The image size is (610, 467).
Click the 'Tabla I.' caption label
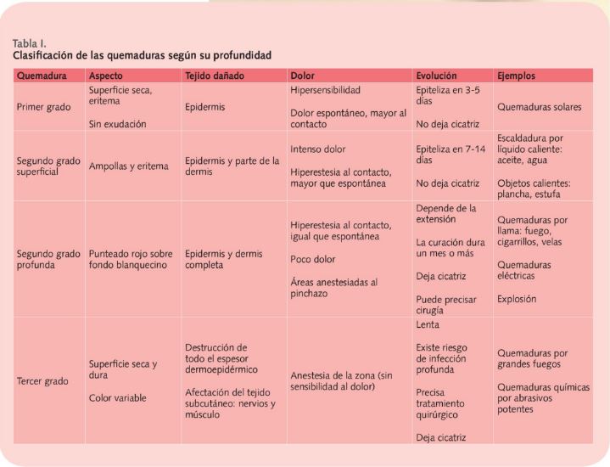(x=29, y=43)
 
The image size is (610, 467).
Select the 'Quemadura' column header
(x=42, y=76)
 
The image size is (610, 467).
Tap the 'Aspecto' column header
(x=105, y=76)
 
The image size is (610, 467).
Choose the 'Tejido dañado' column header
(x=215, y=76)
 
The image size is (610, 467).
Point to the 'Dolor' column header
(x=302, y=76)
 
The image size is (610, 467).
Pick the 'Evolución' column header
(x=436, y=76)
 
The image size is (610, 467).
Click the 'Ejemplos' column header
(x=516, y=76)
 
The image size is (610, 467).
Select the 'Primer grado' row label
(x=43, y=107)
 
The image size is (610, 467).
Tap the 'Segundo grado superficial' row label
(x=48, y=166)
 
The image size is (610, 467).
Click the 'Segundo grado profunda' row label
(x=48, y=260)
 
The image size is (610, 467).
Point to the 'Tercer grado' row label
(x=42, y=381)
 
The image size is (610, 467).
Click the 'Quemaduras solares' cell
(x=540, y=107)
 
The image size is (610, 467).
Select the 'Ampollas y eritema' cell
(x=129, y=166)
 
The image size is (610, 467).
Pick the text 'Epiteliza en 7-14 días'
(x=451, y=155)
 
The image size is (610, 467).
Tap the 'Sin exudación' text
(x=117, y=124)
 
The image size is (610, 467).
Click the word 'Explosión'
(x=517, y=299)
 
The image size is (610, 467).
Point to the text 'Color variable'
(x=117, y=398)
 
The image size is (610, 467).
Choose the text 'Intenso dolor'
(x=318, y=149)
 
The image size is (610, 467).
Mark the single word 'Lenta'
(x=428, y=325)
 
